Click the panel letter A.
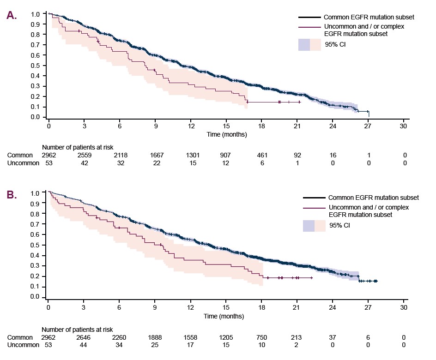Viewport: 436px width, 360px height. (x=12, y=15)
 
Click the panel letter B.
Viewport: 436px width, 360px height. (x=12, y=195)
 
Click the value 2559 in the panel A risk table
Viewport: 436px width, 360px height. (x=85, y=155)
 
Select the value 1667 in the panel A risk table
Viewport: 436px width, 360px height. (x=157, y=155)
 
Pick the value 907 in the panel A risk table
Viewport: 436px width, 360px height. (x=225, y=155)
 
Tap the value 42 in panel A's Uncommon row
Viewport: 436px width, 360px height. (x=85, y=163)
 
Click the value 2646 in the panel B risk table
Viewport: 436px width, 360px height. (x=84, y=337)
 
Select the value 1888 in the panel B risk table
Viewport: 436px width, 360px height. (x=155, y=337)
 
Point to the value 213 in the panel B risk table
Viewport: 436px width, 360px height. (x=296, y=337)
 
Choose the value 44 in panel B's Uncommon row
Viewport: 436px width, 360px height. (x=84, y=345)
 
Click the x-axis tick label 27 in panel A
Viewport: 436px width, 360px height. (x=368, y=126)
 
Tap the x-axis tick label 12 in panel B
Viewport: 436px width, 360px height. (x=190, y=307)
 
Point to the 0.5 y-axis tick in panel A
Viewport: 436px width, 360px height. (x=35, y=66)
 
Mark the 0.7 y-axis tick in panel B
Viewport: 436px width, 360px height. (x=35, y=224)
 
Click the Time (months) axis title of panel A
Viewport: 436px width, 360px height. (x=227, y=134)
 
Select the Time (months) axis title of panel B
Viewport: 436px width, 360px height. (x=224, y=316)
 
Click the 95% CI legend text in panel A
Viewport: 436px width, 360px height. (x=335, y=44)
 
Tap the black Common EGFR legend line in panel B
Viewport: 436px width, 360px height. (x=314, y=198)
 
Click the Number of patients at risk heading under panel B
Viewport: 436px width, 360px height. (x=77, y=330)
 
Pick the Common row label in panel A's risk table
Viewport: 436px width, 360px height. (x=20, y=155)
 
